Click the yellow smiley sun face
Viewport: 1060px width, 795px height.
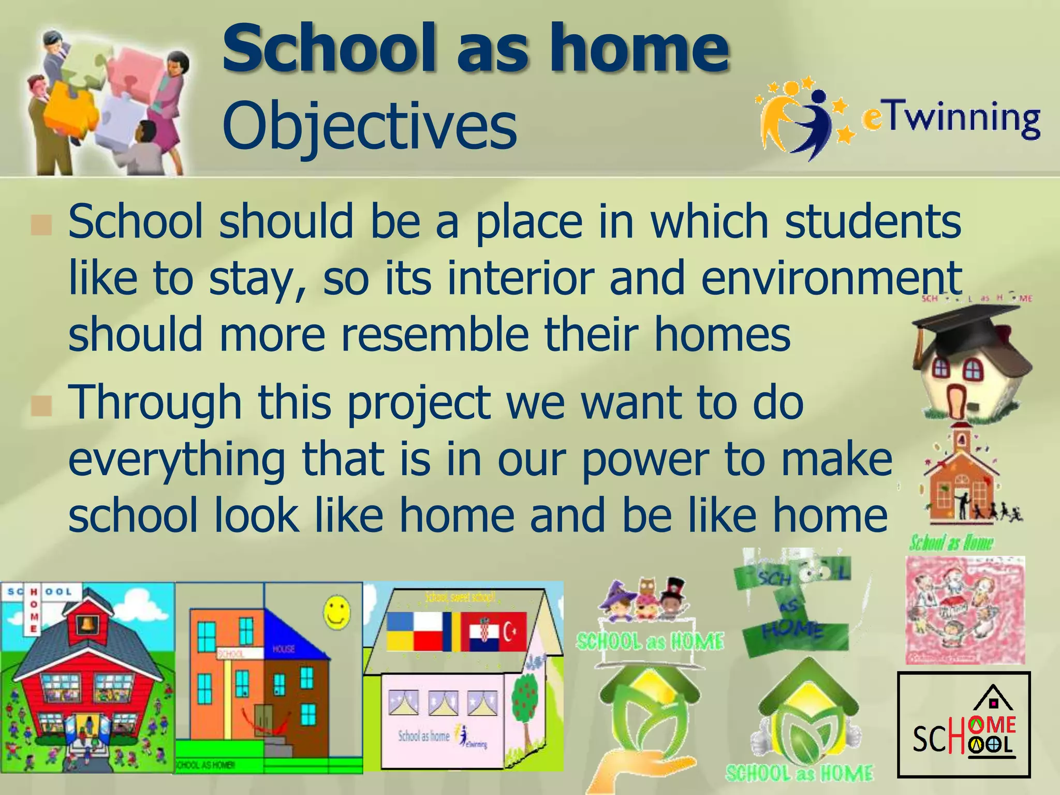[336, 612]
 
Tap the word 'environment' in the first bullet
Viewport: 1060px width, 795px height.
[831, 278]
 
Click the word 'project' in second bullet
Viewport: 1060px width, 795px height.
[418, 404]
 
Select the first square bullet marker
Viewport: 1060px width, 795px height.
[41, 225]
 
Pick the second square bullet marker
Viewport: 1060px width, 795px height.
[41, 406]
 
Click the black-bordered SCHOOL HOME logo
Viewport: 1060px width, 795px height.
[963, 724]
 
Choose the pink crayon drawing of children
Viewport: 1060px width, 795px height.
[965, 610]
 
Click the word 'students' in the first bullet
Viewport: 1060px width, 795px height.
[873, 222]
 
